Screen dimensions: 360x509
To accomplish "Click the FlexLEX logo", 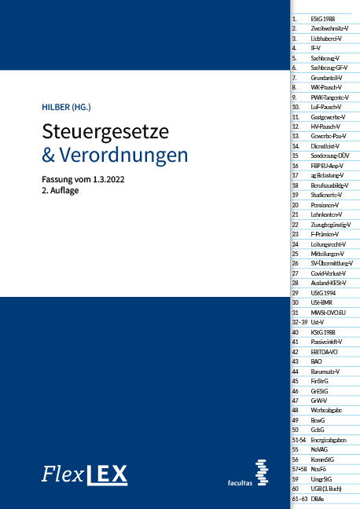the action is (84, 474).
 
